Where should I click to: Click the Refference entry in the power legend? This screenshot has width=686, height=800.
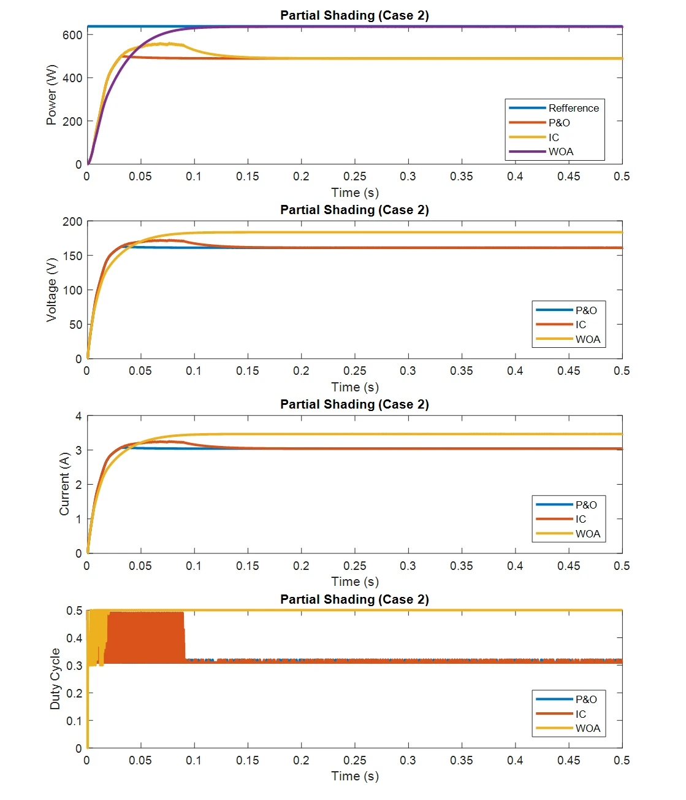coord(573,108)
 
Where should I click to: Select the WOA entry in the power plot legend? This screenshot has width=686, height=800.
coord(560,152)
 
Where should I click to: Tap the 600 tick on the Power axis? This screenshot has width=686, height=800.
coord(72,35)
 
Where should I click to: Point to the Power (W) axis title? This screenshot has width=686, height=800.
coord(51,94)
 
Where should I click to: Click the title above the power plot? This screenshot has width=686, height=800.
coord(354,15)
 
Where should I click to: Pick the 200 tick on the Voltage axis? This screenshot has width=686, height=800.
coord(72,221)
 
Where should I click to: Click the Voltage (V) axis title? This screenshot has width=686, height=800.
coord(51,290)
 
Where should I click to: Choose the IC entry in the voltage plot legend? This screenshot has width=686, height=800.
coord(580,325)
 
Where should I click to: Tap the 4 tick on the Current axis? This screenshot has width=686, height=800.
coord(78,416)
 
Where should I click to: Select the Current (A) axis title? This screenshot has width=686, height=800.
coord(64,484)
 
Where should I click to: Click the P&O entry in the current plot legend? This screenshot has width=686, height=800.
coord(585,505)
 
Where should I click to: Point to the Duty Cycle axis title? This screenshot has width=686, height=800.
coord(55,679)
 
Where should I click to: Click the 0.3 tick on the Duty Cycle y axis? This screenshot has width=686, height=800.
coord(74,666)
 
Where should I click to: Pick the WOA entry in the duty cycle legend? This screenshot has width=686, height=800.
coord(587,728)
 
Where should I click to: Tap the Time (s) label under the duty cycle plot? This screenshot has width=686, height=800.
coord(355,776)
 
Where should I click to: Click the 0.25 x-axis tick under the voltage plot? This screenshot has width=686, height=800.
coord(355,371)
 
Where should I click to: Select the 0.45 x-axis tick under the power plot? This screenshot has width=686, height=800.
coord(569,176)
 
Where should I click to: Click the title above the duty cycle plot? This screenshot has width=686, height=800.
coord(354,599)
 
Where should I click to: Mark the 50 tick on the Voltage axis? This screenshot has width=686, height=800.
coord(75,325)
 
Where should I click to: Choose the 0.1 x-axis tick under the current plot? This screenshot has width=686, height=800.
coord(194,566)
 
